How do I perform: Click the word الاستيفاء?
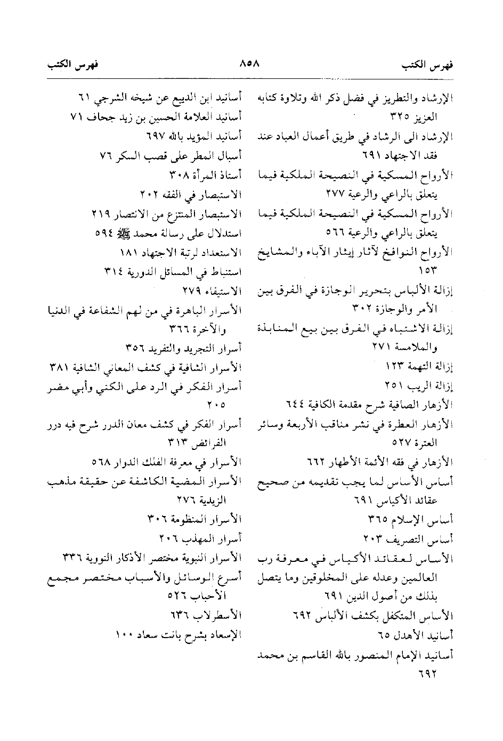click(x=223, y=292)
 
